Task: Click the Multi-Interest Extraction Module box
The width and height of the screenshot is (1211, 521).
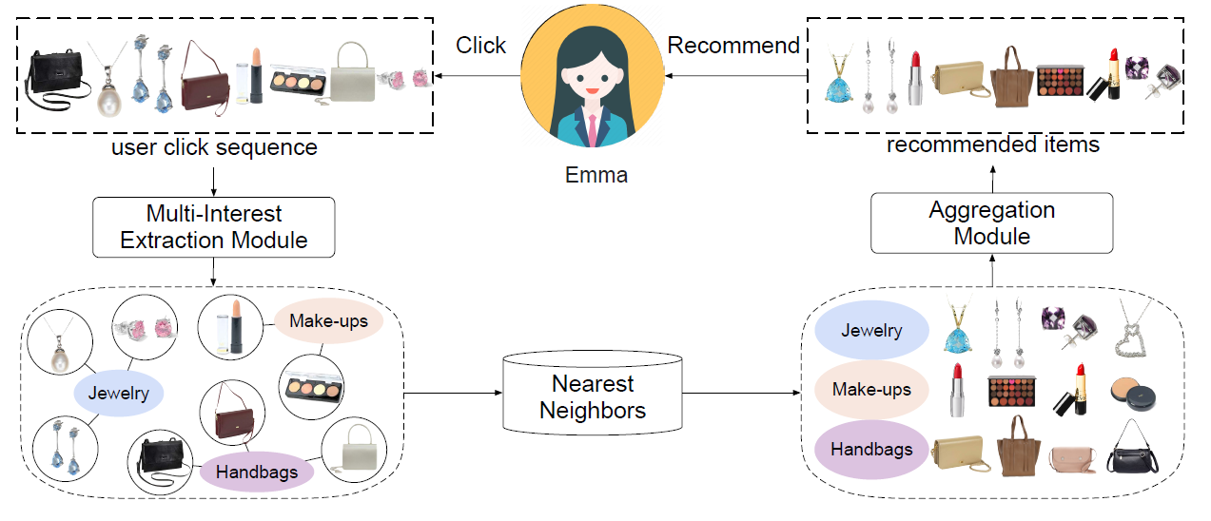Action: [x=214, y=227]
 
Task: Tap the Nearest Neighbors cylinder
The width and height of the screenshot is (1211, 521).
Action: [x=592, y=396]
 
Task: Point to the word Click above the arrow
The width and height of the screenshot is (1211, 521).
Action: [x=480, y=46]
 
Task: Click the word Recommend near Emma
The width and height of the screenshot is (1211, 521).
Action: [x=733, y=46]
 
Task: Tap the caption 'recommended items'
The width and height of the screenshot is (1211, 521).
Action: [x=993, y=145]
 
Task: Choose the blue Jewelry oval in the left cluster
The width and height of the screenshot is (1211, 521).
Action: [x=119, y=393]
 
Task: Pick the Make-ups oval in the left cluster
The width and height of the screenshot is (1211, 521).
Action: [x=327, y=321]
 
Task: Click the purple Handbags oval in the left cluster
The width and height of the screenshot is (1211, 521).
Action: [x=256, y=472]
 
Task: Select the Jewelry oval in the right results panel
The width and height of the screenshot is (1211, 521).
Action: [x=871, y=330]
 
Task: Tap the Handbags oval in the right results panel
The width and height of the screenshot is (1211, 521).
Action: [x=871, y=450]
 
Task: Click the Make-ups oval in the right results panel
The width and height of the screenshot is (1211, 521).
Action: [x=871, y=390]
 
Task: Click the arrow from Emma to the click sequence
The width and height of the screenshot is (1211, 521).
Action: [x=476, y=75]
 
